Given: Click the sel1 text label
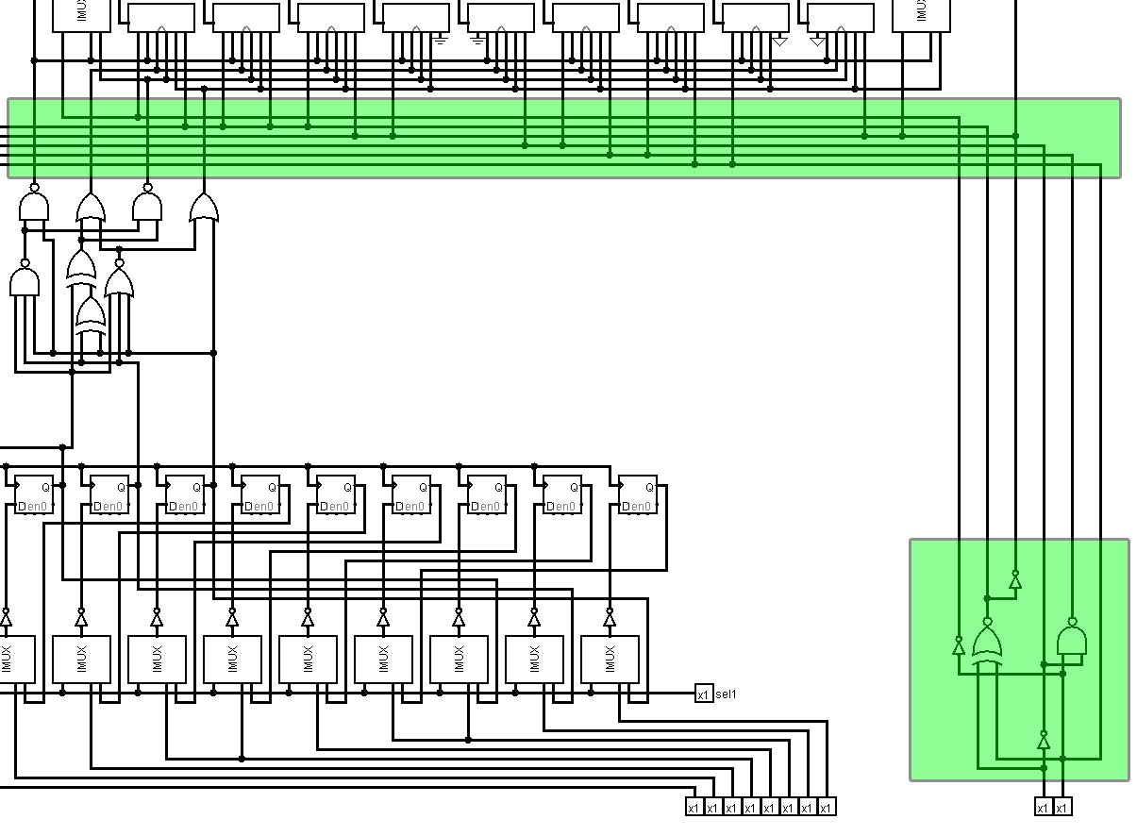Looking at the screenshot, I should click(727, 694).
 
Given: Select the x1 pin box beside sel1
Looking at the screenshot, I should click(703, 694).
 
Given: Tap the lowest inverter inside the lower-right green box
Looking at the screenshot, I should click(1044, 742).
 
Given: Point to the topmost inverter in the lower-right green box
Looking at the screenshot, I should click(1015, 580).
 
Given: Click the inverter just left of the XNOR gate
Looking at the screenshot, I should click(959, 646).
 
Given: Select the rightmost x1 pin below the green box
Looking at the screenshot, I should click(1062, 807).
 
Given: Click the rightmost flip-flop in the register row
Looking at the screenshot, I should click(638, 494).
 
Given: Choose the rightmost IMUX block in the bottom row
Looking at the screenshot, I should click(610, 659).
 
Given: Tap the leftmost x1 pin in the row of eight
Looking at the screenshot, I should click(694, 807).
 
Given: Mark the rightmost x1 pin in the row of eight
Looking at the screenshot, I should click(826, 807).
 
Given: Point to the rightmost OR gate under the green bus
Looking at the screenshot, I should click(204, 209).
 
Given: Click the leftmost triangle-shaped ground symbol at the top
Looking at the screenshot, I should click(779, 42).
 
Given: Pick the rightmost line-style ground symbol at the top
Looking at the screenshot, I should click(477, 42).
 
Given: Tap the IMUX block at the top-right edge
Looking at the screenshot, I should click(920, 15).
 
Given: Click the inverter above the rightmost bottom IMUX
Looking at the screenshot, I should click(610, 618).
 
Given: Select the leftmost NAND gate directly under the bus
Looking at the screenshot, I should click(34, 206).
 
